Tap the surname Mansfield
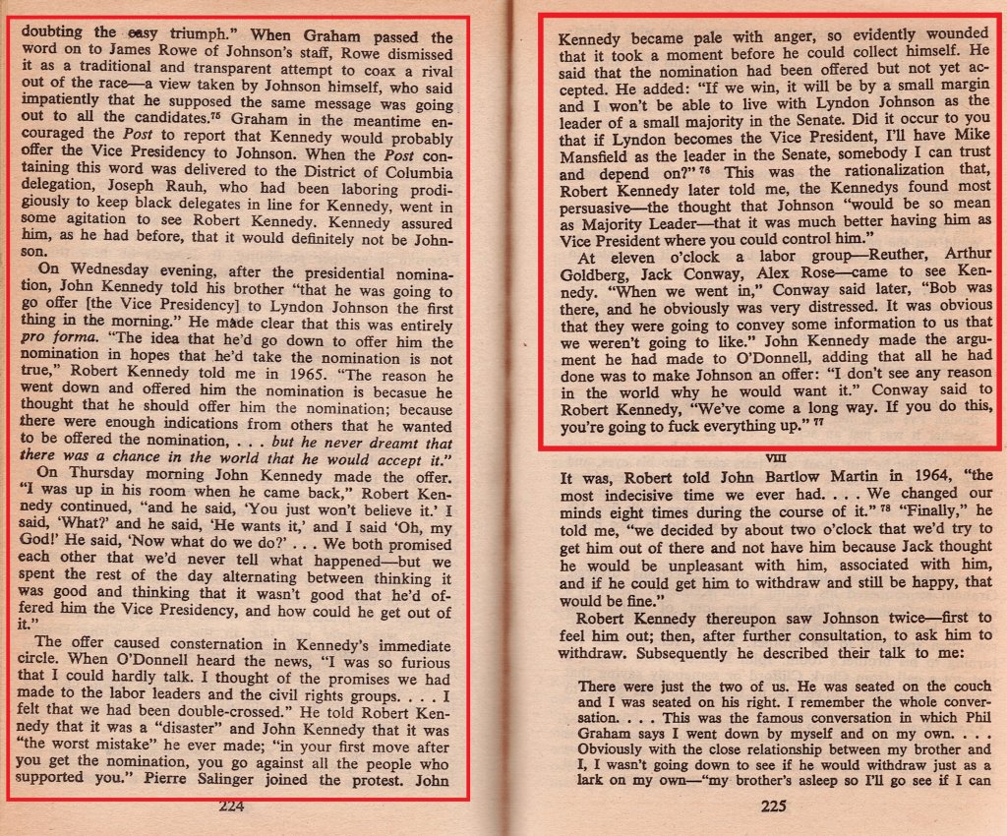tap(602, 156)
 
